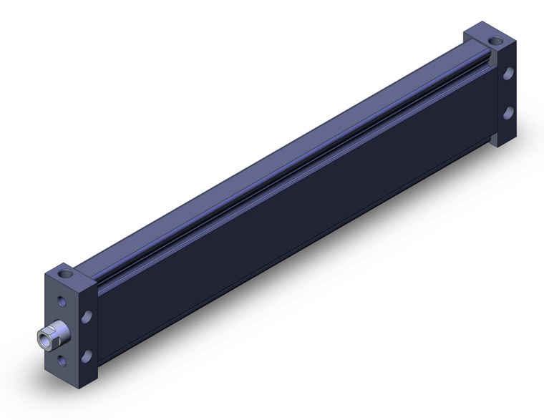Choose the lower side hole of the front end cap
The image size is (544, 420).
click(87, 355)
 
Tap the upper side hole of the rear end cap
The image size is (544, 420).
click(507, 73)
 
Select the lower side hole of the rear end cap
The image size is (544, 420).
click(507, 112)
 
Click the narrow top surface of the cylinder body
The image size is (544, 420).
click(272, 157)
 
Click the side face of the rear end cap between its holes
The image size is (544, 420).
click(507, 92)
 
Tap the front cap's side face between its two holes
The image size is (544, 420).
click(87, 336)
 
